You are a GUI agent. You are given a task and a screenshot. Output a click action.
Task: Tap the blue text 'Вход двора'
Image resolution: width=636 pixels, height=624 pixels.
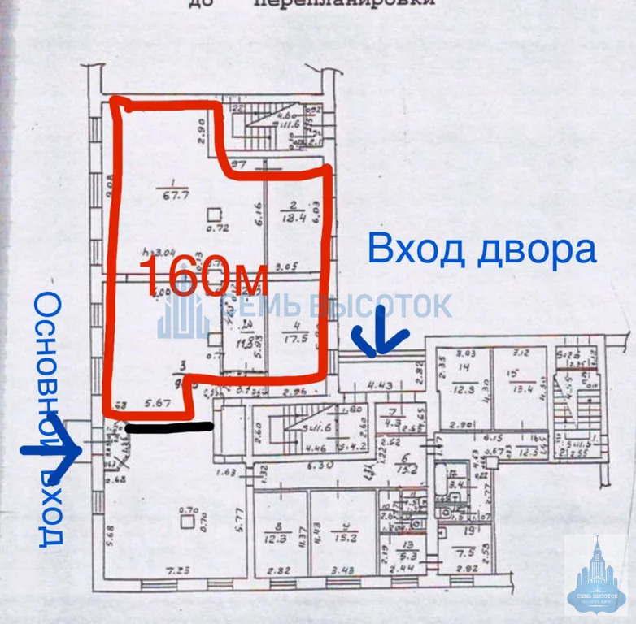[x=481, y=249]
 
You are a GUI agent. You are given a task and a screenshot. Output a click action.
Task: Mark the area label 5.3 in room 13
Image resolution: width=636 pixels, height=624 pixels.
[x=390, y=556]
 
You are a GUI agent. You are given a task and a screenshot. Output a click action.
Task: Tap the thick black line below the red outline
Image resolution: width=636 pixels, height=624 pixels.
[x=169, y=427]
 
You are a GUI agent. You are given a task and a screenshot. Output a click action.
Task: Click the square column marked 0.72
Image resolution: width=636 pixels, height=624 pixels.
[x=213, y=215]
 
